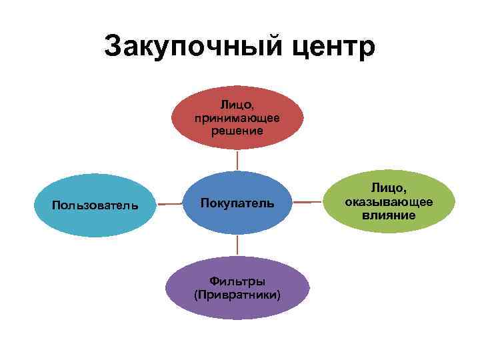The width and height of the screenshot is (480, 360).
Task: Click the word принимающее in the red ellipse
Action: click(237, 117)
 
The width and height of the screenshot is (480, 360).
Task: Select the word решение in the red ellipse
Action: click(237, 130)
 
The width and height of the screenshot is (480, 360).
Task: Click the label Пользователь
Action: click(95, 204)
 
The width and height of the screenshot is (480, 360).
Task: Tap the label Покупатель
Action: click(237, 203)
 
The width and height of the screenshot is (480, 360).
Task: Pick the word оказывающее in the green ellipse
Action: click(389, 203)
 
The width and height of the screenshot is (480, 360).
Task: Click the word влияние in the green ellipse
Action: click(389, 215)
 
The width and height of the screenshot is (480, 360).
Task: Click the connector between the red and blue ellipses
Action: click(237, 160)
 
